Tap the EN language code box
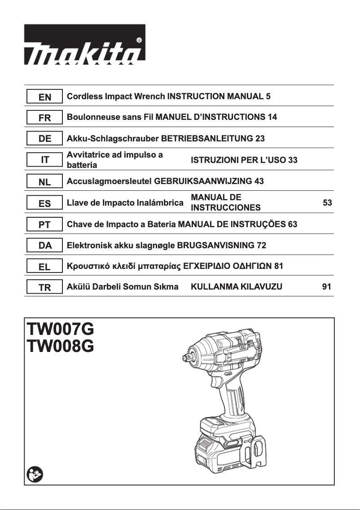pos(44,97)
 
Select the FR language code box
pos(44,118)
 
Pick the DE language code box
pos(44,139)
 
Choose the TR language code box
pos(44,288)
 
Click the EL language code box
pos(44,267)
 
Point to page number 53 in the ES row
pos(327,203)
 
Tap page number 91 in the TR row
pos(327,286)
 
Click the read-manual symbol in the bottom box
pos(34,474)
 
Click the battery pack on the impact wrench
pos(220,442)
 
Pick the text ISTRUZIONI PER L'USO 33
pos(244,160)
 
